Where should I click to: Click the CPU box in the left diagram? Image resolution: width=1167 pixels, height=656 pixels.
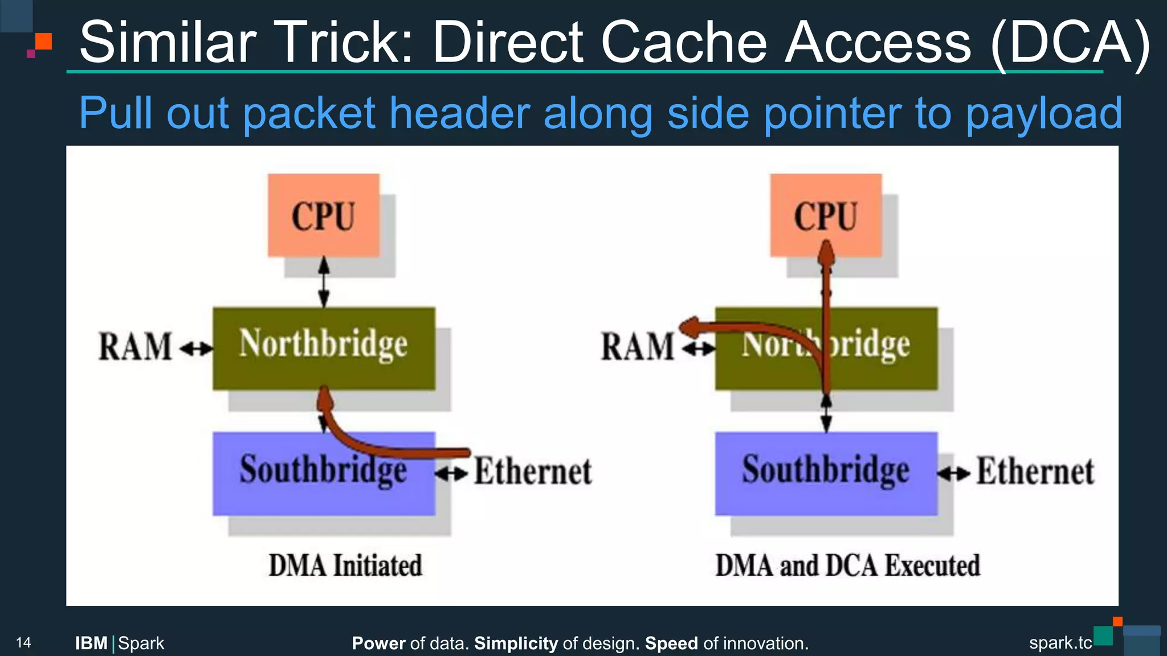pos(323,216)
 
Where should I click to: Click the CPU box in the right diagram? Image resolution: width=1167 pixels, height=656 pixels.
pos(826,216)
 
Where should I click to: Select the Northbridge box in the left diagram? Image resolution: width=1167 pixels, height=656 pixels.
pos(323,348)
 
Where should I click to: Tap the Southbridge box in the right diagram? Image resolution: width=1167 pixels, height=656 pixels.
pos(826,473)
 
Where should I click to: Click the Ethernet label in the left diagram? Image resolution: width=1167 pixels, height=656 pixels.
pos(533,472)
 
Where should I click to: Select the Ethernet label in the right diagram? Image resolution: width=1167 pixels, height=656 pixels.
pos(1035,472)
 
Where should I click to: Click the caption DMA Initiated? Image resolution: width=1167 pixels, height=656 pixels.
pos(345,565)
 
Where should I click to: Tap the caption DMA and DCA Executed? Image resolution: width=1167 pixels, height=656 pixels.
pos(847,565)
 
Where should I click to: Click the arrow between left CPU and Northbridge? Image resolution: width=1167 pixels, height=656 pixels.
pos(324,282)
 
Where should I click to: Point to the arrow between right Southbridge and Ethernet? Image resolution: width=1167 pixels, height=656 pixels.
pos(954,473)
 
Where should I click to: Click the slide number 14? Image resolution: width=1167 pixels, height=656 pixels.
pos(23,643)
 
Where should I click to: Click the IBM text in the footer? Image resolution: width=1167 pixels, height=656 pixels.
pos(91,643)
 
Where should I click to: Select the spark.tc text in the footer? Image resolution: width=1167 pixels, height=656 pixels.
pos(1060,643)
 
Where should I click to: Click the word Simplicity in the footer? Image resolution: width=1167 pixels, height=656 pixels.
pos(516,643)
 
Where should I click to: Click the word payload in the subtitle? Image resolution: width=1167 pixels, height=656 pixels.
pos(1043,113)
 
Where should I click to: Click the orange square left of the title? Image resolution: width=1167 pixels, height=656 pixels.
pos(43,42)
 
